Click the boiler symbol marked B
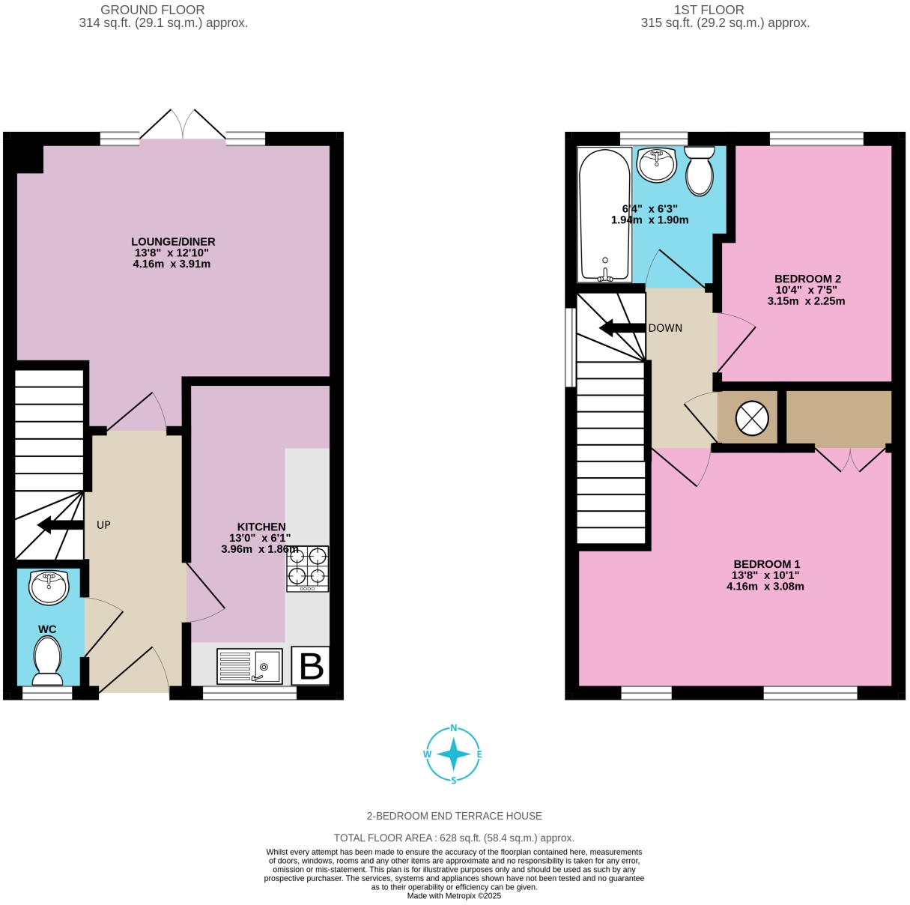tap(310, 665)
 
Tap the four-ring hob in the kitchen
tap(307, 569)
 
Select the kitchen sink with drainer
tap(249, 666)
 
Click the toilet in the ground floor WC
tap(48, 660)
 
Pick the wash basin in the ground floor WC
tap(49, 587)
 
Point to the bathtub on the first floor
tap(604, 214)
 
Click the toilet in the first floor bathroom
tap(700, 171)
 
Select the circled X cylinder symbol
tap(752, 419)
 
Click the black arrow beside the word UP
tap(60, 525)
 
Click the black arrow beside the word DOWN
tap(622, 328)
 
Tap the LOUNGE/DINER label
tap(173, 242)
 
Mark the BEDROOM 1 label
tap(766, 564)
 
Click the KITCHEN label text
tap(261, 527)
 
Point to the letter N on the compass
tap(453, 728)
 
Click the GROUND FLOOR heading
tap(152, 10)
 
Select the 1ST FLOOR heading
tap(709, 10)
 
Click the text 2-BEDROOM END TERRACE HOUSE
tap(454, 816)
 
